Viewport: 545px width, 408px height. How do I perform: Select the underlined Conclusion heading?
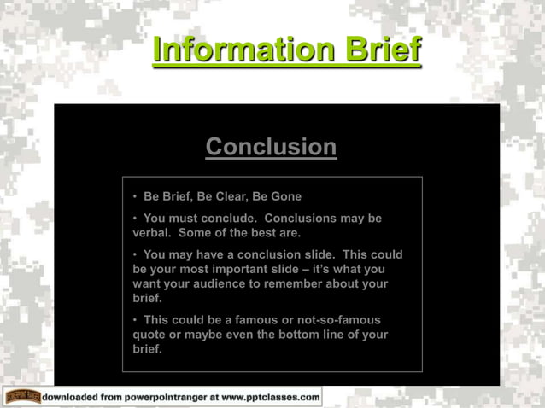coord(271,146)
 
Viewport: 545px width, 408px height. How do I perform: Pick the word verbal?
coord(153,232)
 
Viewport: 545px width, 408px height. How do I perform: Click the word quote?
coord(150,335)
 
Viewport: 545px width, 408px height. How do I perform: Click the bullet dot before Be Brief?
coord(135,197)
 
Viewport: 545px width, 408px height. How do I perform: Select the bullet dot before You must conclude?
coord(135,219)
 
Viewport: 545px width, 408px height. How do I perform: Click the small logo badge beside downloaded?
coord(21,397)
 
